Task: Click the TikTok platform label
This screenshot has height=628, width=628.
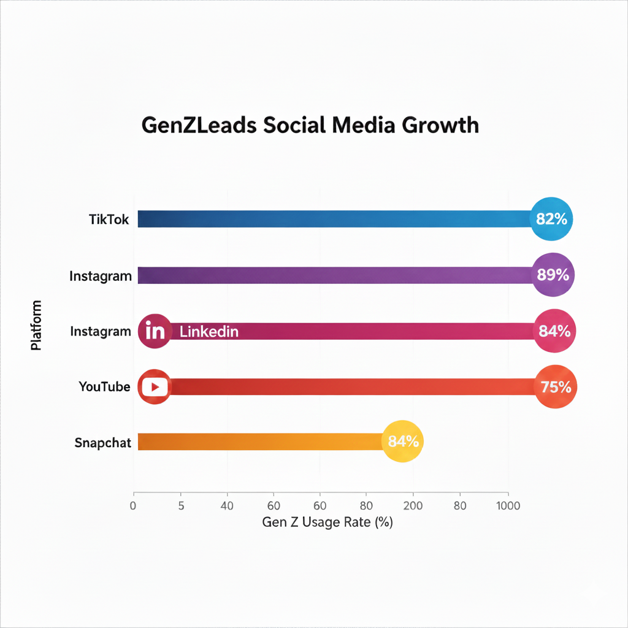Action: click(x=109, y=219)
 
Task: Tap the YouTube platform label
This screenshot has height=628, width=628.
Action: click(x=104, y=387)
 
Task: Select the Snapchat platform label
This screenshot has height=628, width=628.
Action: click(x=103, y=442)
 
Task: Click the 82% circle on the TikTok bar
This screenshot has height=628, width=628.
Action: click(x=551, y=219)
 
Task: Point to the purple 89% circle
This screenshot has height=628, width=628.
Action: click(x=554, y=275)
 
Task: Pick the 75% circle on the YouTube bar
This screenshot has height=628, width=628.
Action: click(x=556, y=387)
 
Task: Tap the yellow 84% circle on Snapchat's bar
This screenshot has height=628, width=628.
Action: click(x=403, y=442)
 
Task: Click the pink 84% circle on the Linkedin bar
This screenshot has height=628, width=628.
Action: click(x=554, y=331)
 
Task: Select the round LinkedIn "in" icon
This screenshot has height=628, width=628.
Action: click(x=155, y=332)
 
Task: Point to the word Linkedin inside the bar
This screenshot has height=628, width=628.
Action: click(x=209, y=332)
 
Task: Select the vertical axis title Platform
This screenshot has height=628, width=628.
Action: click(x=36, y=325)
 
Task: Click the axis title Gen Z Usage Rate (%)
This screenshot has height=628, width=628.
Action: click(x=327, y=523)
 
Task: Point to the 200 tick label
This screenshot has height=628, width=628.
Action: click(x=413, y=506)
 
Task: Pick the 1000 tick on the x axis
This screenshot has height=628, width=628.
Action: click(x=508, y=506)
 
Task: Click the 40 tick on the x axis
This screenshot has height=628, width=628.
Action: click(x=228, y=506)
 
